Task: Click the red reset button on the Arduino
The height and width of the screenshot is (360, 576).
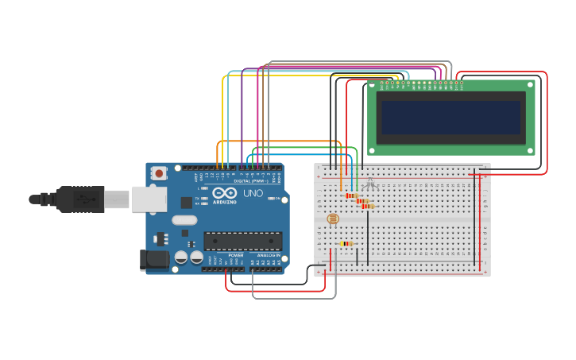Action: point(159,172)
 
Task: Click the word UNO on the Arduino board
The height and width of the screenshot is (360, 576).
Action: point(253,193)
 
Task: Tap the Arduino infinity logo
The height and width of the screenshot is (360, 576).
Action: point(225,193)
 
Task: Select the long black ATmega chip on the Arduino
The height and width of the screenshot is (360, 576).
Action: point(242,241)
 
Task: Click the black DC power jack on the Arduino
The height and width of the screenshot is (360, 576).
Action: point(153,259)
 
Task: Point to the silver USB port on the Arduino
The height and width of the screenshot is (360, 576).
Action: point(149,199)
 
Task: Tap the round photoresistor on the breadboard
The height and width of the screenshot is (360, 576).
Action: point(333,219)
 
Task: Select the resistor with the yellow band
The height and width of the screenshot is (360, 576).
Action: point(346,244)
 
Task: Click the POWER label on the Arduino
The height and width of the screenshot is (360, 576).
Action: point(236,255)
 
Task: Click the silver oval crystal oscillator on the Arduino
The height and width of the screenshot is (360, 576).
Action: point(184,220)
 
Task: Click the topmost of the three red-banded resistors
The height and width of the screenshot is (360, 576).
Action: point(350,195)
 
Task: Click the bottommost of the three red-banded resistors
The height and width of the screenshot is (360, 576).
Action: point(367,207)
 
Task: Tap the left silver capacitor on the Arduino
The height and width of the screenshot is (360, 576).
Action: point(181,257)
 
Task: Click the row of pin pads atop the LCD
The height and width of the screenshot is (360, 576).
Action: point(422,83)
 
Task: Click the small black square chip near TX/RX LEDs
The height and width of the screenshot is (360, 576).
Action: point(187,202)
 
